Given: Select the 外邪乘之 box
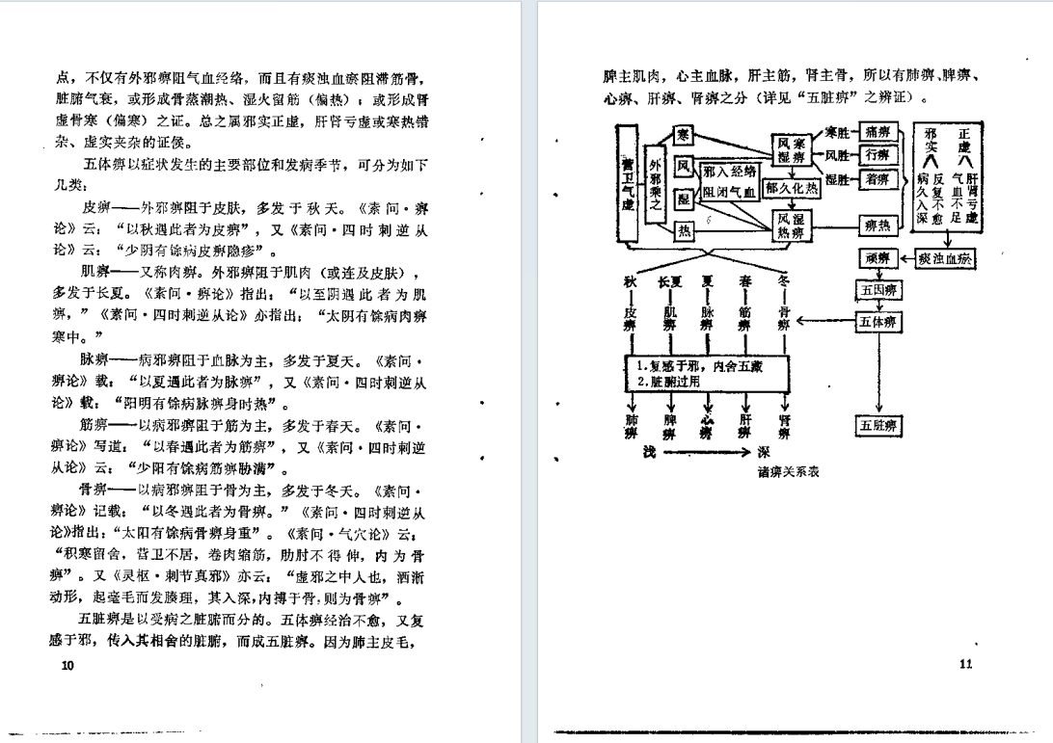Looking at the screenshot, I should [656, 186].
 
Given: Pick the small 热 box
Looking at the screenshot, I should [683, 231].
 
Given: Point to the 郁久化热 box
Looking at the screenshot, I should [791, 189].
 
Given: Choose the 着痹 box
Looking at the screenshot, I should [877, 179].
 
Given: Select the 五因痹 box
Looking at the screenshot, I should [877, 290].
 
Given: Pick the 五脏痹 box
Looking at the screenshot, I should [877, 425].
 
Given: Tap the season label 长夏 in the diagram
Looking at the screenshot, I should [669, 282].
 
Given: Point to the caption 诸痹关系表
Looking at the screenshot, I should [788, 471].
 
